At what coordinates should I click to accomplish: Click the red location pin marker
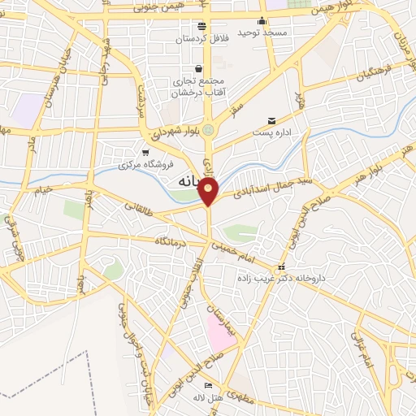click(209, 192)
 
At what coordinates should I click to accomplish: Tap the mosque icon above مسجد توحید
click(262, 22)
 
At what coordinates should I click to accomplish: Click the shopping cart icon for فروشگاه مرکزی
click(145, 152)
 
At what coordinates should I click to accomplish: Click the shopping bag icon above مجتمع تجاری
click(199, 69)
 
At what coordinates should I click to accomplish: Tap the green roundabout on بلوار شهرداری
click(208, 128)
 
